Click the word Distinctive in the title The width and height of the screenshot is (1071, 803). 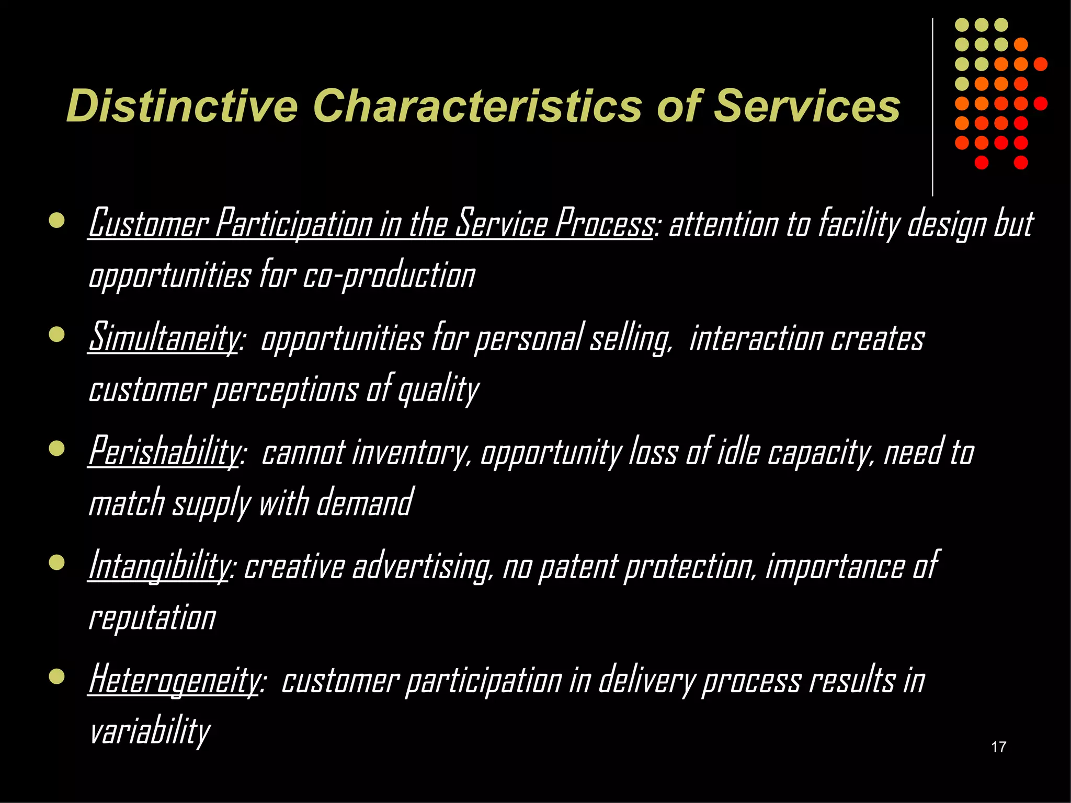click(x=182, y=106)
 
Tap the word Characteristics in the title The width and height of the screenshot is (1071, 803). click(x=476, y=106)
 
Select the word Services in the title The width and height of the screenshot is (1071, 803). click(x=806, y=106)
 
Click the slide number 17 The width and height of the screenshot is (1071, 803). click(x=998, y=747)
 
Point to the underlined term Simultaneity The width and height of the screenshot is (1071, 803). click(x=163, y=338)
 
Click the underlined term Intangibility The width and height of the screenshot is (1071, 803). click(x=158, y=566)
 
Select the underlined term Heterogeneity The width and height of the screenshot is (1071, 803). click(x=174, y=680)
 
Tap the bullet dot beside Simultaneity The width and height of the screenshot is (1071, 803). click(x=56, y=335)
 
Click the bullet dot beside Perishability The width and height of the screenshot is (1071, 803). click(x=56, y=449)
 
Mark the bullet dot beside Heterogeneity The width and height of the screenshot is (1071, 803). click(x=56, y=678)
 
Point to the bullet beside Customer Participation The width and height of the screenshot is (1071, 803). click(x=56, y=220)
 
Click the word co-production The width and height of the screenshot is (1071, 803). click(x=389, y=276)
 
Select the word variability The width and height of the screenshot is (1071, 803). click(x=150, y=731)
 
